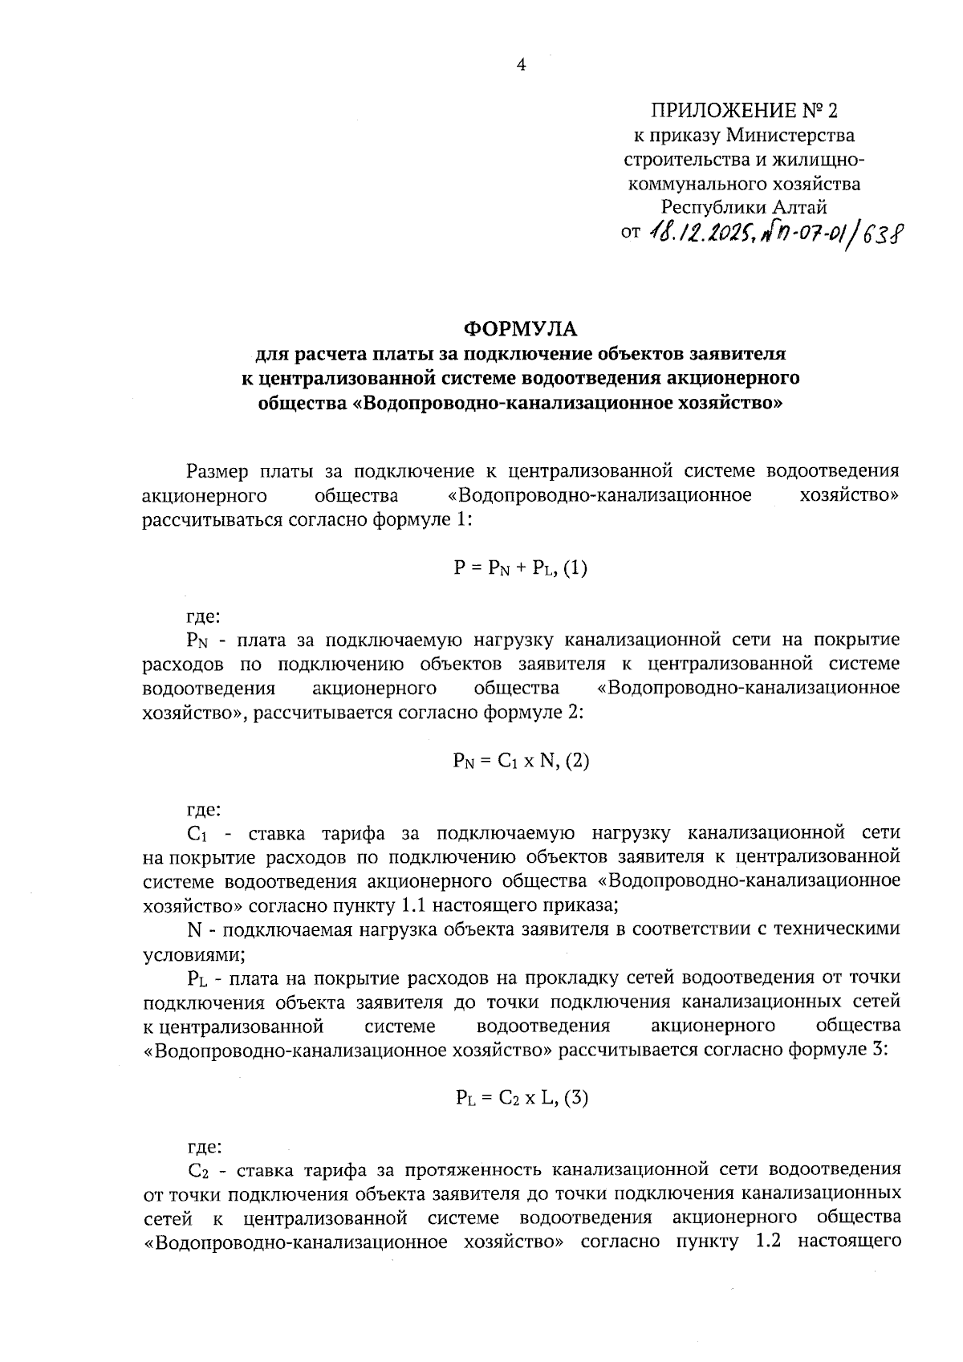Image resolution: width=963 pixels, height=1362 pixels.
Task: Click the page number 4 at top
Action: point(521,65)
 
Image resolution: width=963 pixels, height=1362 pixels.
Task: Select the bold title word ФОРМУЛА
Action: point(521,329)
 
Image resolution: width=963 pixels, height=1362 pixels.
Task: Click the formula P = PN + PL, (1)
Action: point(521,569)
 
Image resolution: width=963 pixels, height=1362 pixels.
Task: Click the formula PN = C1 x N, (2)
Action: point(521,761)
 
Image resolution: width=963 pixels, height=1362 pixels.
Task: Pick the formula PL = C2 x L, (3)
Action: point(521,1098)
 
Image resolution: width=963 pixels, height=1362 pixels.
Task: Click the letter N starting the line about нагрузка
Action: point(193,929)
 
